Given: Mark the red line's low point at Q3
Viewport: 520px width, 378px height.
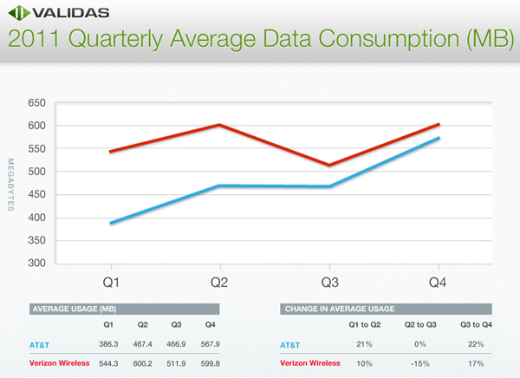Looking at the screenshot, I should [329, 165].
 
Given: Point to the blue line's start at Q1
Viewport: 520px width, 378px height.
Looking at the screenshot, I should [110, 223].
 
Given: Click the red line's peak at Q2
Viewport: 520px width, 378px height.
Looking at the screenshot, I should [220, 125].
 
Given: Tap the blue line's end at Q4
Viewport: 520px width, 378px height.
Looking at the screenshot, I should [439, 138].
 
